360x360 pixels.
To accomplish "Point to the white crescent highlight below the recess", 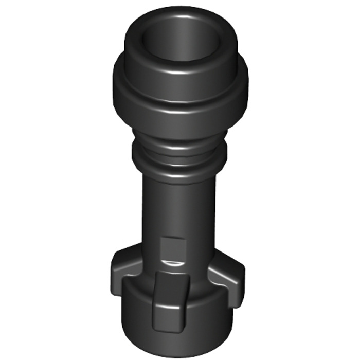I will point(173,263).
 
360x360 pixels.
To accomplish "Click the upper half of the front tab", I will point(171,288).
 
